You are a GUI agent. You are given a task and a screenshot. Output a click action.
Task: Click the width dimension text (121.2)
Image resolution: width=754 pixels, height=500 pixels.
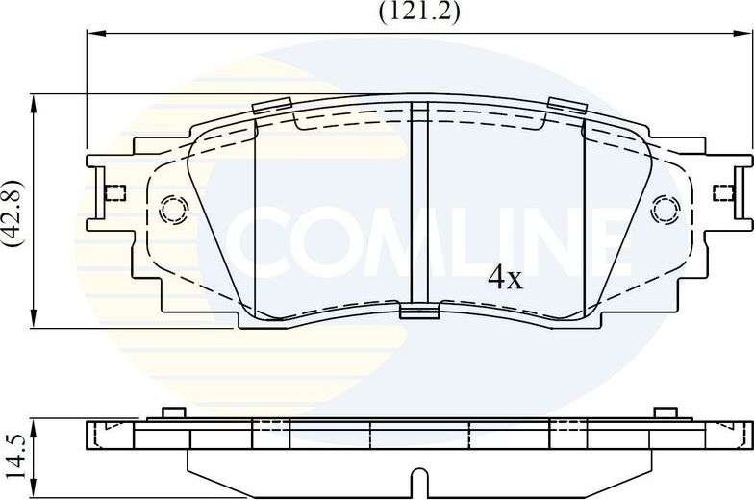[418, 12]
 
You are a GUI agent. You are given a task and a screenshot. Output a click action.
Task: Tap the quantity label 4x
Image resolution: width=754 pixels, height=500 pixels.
[505, 279]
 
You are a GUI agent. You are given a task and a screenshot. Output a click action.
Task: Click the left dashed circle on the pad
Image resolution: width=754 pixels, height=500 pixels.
[173, 209]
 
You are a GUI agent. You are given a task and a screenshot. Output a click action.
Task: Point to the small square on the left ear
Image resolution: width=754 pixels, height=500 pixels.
[115, 192]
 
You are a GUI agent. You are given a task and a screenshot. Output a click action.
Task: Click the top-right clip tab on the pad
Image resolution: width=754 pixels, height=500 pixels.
[567, 105]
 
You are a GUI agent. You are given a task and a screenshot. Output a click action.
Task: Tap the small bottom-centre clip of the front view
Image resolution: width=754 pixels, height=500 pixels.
[419, 310]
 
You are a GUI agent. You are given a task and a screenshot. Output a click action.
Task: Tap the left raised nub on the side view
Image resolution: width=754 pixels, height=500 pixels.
[173, 413]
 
